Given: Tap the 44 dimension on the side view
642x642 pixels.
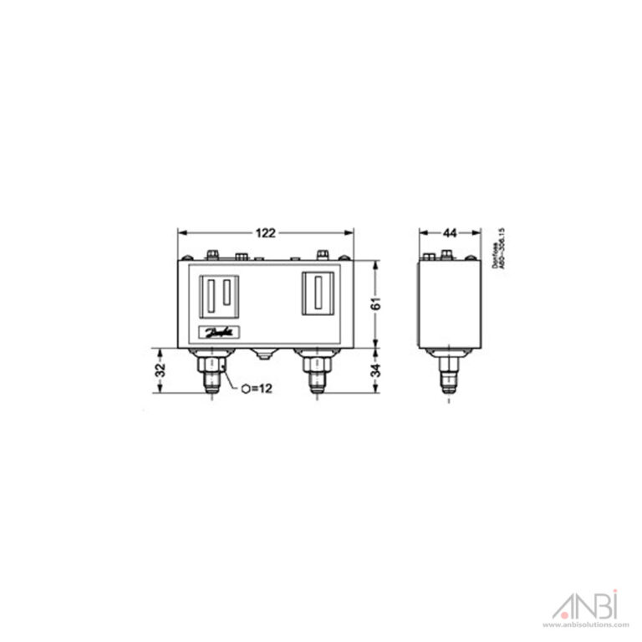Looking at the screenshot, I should [450, 232].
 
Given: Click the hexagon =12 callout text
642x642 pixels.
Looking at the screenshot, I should [258, 388].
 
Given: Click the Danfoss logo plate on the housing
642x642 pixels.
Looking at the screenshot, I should [220, 333].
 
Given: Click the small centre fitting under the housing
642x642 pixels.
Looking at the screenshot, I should [265, 354].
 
